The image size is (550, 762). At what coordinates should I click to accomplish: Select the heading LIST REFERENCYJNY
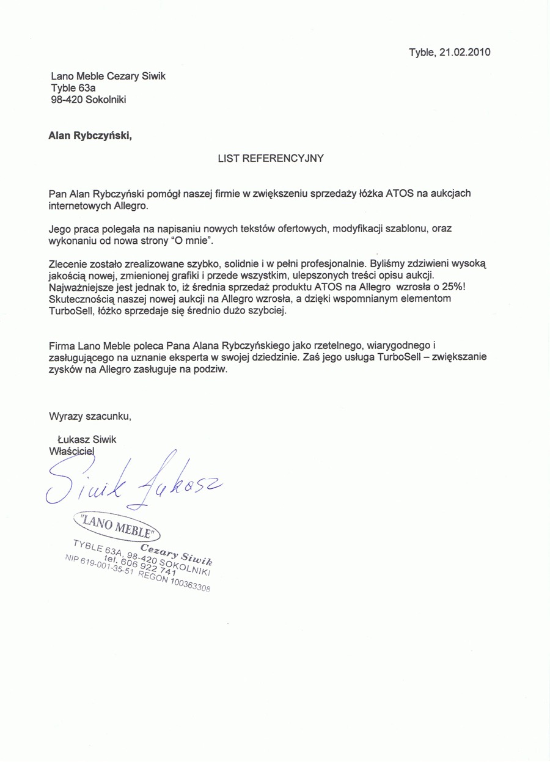click(x=271, y=158)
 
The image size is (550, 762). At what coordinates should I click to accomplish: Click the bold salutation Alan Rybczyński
click(x=89, y=136)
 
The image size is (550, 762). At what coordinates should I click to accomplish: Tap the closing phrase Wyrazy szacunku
click(x=90, y=417)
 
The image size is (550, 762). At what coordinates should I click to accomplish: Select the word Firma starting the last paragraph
click(x=61, y=345)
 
